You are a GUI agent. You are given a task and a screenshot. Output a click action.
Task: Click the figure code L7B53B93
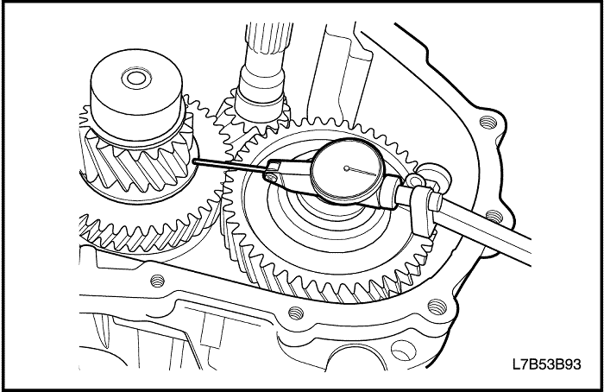[x=546, y=364]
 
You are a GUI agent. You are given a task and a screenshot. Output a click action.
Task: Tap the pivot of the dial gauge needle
[x=347, y=168]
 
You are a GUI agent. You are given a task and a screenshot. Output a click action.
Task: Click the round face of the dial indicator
[x=348, y=169]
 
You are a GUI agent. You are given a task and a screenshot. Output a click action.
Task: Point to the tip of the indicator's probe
[x=194, y=161]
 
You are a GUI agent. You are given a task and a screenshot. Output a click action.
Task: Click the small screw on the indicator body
[x=273, y=177]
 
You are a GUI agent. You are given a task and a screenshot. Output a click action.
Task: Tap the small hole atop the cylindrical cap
[x=135, y=79]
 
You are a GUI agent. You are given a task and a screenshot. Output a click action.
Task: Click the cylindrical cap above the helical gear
[x=136, y=96]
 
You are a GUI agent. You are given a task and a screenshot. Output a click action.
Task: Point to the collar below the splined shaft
[x=261, y=88]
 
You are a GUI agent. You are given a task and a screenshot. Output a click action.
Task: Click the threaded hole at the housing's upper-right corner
[x=488, y=123]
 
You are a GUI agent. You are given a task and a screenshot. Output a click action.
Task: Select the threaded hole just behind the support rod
[x=494, y=216]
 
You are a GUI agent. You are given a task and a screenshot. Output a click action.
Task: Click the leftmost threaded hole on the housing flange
[x=157, y=281]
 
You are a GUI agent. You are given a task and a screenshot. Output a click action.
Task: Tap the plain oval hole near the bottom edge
[x=400, y=350]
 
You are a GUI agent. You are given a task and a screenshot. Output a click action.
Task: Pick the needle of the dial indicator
[x=362, y=172]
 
